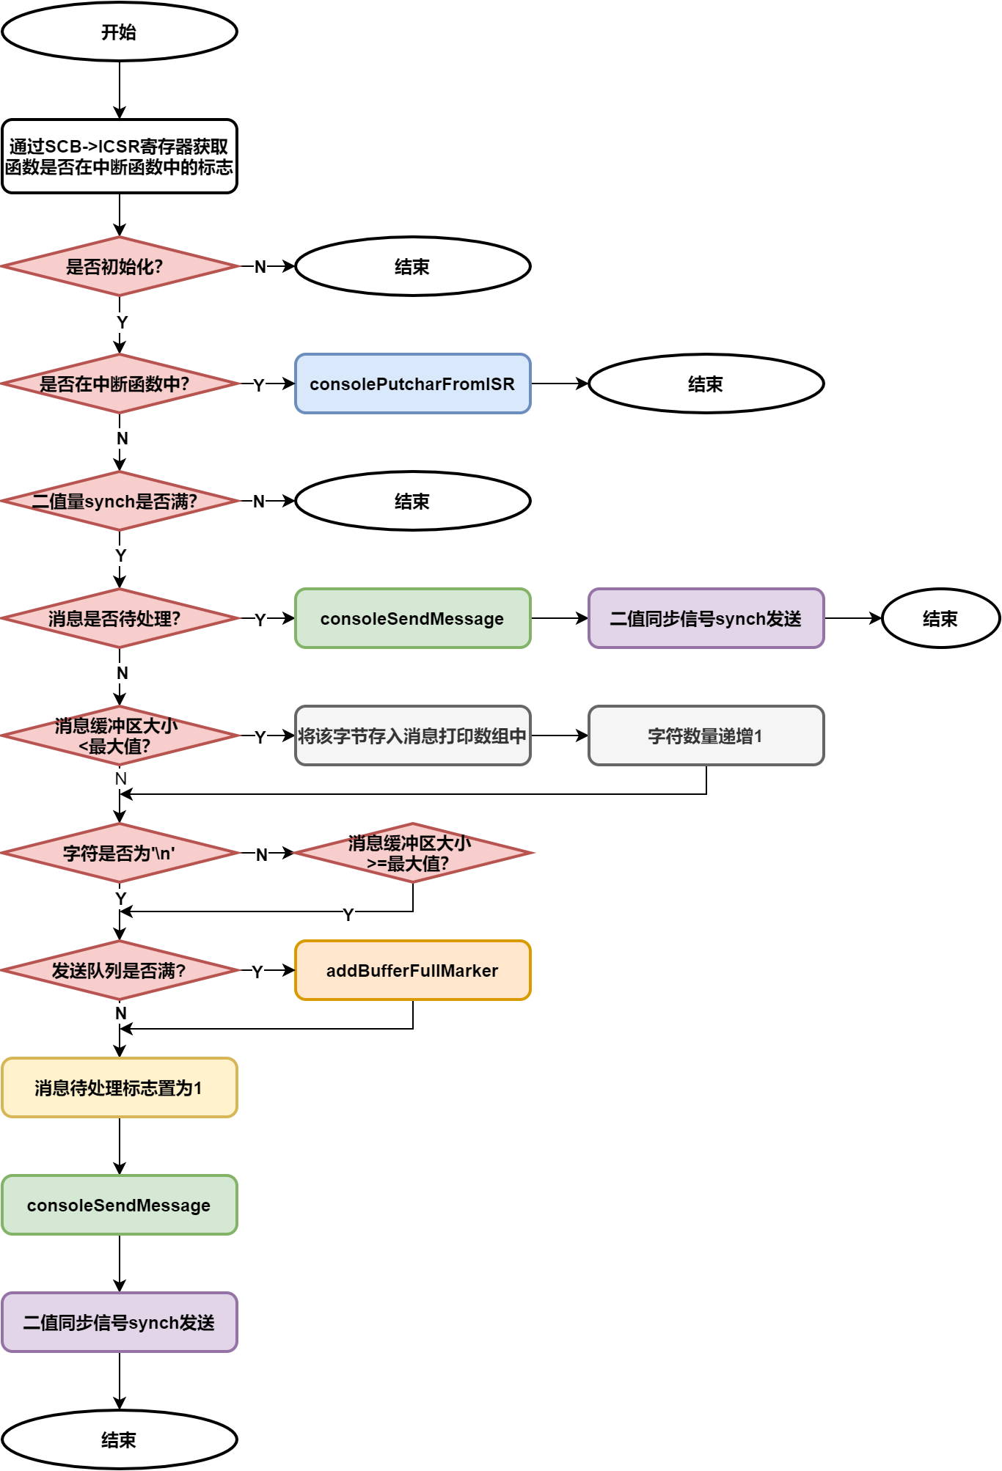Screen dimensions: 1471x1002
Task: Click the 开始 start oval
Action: (119, 32)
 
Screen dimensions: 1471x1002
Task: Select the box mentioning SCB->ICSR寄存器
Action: (119, 156)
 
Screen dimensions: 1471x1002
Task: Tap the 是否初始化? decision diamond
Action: (119, 266)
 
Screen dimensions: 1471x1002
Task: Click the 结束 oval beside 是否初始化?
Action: (412, 266)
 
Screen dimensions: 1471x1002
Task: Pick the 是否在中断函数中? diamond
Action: (119, 384)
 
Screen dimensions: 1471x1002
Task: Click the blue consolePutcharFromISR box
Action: (412, 384)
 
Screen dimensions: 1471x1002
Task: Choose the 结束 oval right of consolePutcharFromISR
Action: (706, 384)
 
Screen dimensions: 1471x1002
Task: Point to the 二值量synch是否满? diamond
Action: (119, 501)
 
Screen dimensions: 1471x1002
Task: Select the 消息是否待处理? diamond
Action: (119, 618)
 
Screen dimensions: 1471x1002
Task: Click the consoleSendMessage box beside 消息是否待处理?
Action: (412, 618)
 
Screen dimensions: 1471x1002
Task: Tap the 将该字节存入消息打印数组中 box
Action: (412, 735)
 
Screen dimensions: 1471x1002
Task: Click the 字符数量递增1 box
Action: (706, 735)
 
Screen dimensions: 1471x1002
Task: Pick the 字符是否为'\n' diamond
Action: (119, 853)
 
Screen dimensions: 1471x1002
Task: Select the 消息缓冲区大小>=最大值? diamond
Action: (412, 853)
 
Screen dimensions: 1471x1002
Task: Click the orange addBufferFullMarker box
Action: (412, 970)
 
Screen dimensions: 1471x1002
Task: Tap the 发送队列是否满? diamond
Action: (119, 970)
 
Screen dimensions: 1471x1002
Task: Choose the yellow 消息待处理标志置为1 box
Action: (119, 1087)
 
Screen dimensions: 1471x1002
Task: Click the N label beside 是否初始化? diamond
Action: (260, 267)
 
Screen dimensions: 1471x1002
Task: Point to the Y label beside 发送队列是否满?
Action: (257, 972)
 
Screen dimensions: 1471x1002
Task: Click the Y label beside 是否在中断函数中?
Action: (259, 386)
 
